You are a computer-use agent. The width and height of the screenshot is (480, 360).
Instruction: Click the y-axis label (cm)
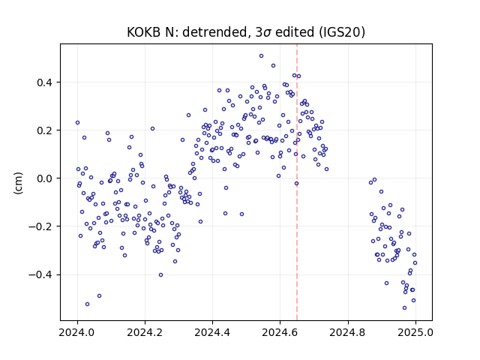pos(18,183)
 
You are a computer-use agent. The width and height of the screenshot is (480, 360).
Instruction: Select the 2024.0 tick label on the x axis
pos(77,332)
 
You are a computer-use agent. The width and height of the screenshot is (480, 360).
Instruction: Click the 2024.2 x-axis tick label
pos(145,332)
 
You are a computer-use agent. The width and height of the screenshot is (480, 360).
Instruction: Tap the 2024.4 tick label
pos(212,332)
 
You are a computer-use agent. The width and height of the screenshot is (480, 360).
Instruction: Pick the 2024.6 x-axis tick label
pos(280,332)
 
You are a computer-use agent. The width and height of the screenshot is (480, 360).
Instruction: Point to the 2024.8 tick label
pos(348,332)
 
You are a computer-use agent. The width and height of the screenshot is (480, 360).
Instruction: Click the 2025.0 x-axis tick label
pos(415,332)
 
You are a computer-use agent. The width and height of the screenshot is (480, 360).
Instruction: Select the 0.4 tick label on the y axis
pos(44,82)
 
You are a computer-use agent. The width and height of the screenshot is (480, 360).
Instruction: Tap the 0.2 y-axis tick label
pos(44,130)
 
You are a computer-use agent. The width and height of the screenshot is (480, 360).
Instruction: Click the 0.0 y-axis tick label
pos(44,178)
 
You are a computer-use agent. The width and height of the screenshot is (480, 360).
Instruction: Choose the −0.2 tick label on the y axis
pos(40,226)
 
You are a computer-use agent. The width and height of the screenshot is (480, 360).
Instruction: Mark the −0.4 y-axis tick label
pos(40,275)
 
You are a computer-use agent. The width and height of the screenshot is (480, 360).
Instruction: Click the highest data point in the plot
pos(261,56)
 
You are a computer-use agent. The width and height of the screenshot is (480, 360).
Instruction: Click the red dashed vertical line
pos(297,182)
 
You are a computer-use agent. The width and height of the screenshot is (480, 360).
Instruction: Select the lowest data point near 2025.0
pos(404,308)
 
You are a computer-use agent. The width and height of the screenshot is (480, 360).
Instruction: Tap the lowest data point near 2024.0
pos(87,304)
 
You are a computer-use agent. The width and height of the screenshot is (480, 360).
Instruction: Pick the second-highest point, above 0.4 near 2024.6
pos(273,66)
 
